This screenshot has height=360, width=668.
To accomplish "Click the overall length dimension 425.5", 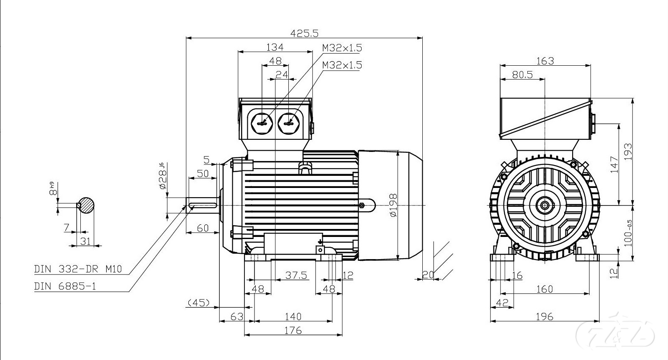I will (304, 32).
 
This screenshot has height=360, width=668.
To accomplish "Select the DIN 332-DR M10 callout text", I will (78, 269).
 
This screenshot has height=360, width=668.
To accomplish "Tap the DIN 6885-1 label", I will (65, 286).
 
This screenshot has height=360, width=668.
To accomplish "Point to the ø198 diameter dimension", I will (392, 205).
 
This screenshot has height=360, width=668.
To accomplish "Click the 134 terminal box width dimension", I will (275, 46).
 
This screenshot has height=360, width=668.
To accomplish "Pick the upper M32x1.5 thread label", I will (342, 48).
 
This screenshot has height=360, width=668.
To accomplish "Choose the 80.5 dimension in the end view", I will (522, 74).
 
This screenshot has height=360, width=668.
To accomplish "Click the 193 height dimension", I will (627, 152).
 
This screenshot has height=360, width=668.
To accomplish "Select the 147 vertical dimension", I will (614, 165).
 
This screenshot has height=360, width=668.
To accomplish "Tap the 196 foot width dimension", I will (544, 316).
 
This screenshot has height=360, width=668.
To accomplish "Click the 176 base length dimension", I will (293, 330).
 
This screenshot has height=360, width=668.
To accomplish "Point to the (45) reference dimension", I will (198, 302).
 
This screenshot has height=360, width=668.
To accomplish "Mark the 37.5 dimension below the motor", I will (296, 275).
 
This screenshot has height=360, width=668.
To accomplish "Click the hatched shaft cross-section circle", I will (86, 205).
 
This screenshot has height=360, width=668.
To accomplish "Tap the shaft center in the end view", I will (545, 205).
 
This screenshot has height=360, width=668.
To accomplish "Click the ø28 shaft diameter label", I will (162, 178).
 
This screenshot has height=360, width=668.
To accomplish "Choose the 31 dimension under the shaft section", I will (85, 241).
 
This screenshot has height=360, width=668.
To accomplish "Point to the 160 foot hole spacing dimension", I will (544, 289).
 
